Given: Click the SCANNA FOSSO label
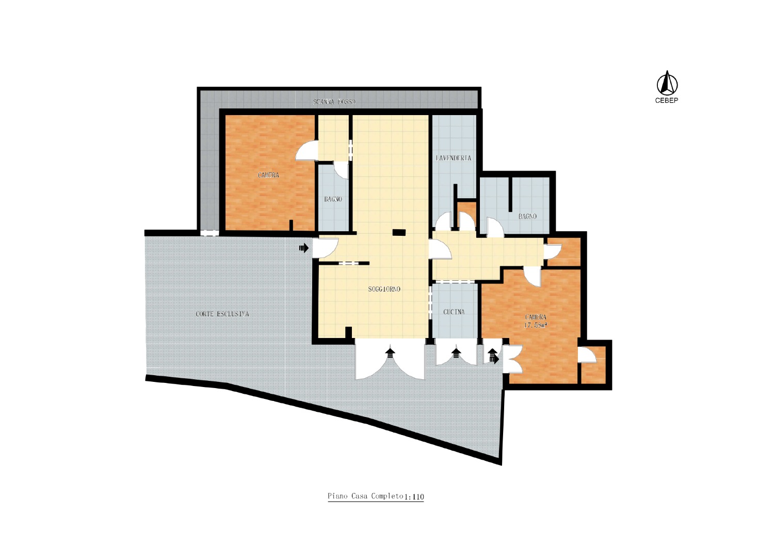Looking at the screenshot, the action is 334,102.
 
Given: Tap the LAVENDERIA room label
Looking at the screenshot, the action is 454,158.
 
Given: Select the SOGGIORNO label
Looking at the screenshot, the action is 384,289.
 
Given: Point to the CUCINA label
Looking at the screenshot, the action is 454,312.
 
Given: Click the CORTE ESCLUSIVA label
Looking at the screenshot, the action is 222,314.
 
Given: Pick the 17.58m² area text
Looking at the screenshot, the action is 536,325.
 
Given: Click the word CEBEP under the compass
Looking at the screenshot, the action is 667,101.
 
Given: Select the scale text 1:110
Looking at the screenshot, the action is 414,497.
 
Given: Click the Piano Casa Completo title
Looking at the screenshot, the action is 365,496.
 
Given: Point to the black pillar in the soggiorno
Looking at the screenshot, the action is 399,232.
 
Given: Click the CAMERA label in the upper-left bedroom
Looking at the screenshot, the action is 268,175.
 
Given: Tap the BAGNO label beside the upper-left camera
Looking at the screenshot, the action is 333,199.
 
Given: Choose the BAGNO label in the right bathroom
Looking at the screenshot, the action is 528,217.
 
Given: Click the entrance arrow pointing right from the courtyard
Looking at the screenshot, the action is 304,248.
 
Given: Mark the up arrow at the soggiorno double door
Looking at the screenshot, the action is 391,353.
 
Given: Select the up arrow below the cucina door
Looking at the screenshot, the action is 457,353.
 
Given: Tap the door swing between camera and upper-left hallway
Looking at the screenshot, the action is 306,150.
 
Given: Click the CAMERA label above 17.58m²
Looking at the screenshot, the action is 536,317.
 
